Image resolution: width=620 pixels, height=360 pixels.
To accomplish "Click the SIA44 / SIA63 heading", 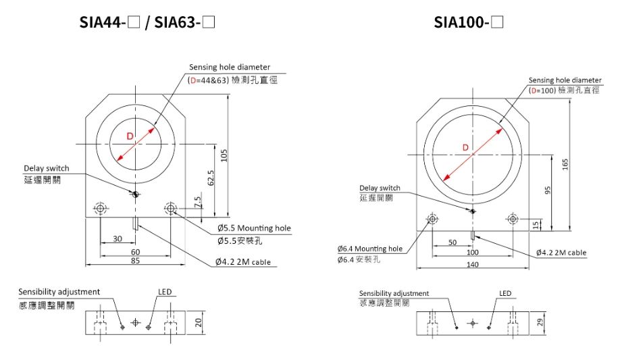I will [147, 22].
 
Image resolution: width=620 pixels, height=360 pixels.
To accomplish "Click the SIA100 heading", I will [469, 22].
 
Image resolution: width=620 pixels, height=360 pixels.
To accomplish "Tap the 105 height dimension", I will [224, 155].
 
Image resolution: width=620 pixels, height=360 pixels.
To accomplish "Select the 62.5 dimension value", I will [211, 178].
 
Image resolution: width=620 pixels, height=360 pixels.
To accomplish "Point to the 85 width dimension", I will [135, 261].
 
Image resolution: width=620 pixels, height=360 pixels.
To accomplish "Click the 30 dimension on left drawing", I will [118, 238].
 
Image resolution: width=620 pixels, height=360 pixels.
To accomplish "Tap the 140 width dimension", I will [473, 264].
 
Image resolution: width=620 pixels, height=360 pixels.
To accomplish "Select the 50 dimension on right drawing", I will [453, 242].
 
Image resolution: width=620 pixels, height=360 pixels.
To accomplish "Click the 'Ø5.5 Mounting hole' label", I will [254, 228].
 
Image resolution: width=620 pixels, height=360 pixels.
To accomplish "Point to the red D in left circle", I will [130, 136].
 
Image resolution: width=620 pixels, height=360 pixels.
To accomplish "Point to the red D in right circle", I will [465, 147].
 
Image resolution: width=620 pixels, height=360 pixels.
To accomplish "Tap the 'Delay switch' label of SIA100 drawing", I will [380, 188].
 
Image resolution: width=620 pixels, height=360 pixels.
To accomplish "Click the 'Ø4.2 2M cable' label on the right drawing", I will [561, 253].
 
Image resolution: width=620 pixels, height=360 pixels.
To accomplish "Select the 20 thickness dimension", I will [198, 322].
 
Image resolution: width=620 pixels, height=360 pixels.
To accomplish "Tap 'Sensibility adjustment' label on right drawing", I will [394, 293].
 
